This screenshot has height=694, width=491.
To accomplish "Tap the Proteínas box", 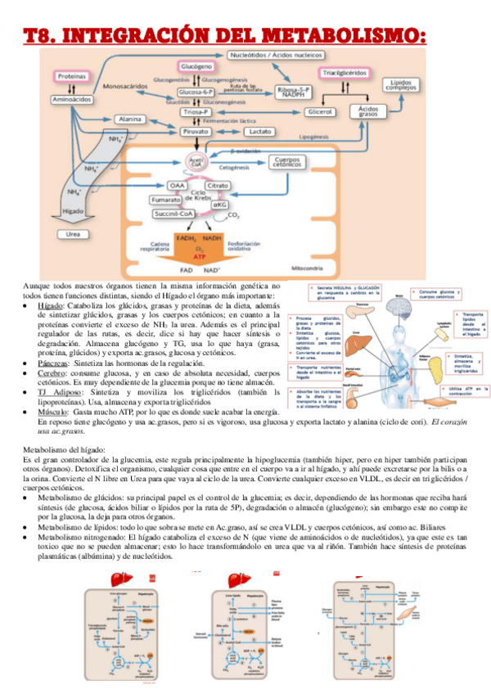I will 72,76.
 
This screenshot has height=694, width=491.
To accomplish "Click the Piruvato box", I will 196,131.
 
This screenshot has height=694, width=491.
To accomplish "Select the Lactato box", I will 260,131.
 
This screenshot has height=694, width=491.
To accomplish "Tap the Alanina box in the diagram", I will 131,119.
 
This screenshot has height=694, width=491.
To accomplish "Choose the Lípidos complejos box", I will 402,87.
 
